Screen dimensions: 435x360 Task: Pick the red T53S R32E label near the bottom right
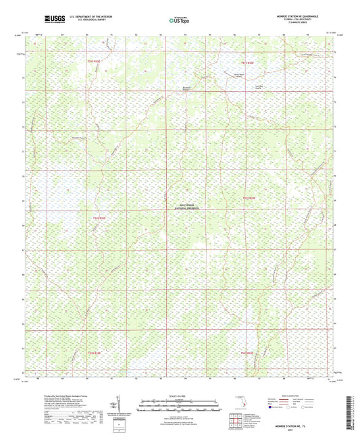coord(247,352)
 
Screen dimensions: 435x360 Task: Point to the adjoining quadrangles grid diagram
coord(234,420)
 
